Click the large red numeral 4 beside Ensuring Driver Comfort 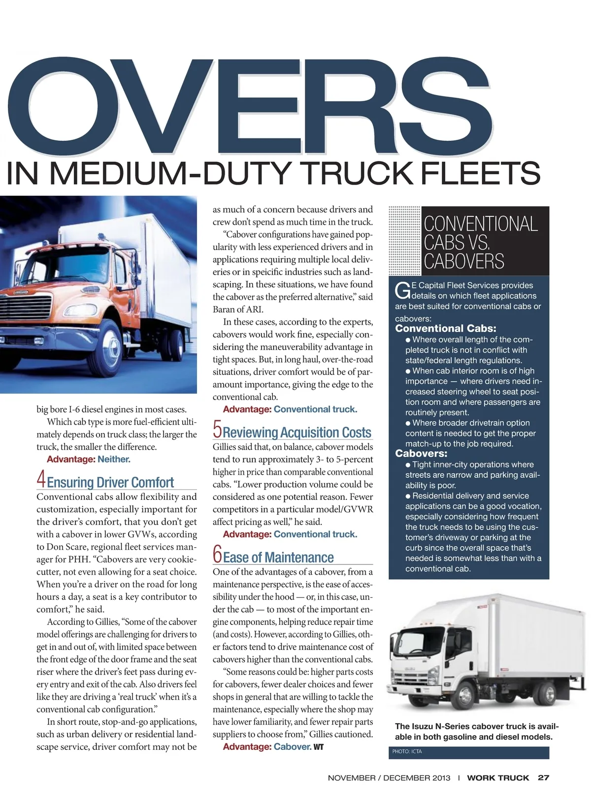click(41, 479)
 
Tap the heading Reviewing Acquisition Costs click(297, 433)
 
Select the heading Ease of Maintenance click(278, 558)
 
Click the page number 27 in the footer click(543, 778)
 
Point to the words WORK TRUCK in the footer click(498, 778)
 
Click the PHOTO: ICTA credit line click(407, 751)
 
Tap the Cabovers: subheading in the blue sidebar click(421, 453)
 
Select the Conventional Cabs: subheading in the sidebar click(445, 328)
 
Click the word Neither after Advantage click(114, 459)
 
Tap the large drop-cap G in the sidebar click(402, 290)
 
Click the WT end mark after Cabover click(319, 747)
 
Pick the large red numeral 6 click(217, 554)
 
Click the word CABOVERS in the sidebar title click(464, 261)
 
